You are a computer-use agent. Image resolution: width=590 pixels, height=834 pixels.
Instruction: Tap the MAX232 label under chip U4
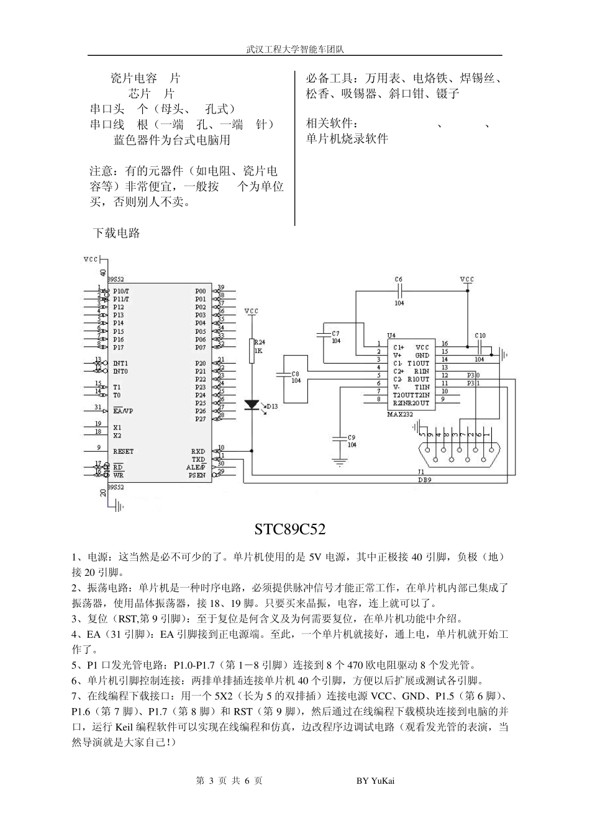399,414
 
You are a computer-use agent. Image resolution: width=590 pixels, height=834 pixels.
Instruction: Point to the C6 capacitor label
399,280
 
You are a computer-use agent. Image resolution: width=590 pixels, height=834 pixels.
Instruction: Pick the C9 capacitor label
352,437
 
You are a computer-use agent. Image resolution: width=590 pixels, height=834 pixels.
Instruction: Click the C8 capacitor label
296,374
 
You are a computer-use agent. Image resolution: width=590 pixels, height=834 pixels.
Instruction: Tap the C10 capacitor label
480,336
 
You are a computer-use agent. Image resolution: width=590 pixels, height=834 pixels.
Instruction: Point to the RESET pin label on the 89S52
123,451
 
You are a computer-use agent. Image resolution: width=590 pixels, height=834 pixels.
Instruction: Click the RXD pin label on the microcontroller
198,452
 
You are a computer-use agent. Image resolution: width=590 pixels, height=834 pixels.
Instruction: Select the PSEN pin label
197,475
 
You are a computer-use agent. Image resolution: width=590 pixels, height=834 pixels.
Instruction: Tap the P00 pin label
200,291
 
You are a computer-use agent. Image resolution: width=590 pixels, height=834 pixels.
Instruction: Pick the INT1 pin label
120,363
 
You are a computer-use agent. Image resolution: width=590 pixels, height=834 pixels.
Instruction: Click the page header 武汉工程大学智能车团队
294,48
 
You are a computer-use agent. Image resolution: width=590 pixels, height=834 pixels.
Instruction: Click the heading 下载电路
117,233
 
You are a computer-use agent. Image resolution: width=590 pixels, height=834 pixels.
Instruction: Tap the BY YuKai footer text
375,781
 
